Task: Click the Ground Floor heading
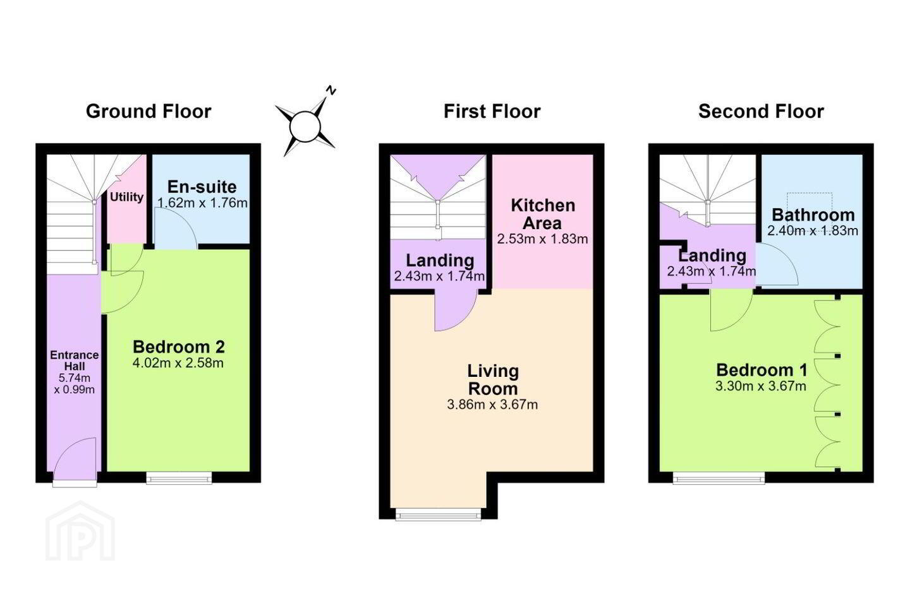click(149, 112)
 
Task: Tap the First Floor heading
click(492, 112)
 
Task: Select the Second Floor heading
click(761, 112)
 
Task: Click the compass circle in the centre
click(305, 127)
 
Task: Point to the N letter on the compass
click(332, 90)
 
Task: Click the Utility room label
click(127, 197)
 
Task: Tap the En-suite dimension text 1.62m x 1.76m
click(202, 203)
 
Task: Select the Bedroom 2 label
click(179, 347)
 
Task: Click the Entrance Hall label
click(75, 360)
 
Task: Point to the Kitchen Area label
click(543, 214)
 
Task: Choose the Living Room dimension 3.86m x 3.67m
click(492, 405)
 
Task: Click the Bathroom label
click(812, 215)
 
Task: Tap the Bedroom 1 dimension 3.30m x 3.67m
click(761, 386)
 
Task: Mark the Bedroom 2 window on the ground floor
click(179, 478)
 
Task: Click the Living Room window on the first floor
click(438, 514)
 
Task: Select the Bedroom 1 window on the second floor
click(719, 478)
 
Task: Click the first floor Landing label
click(440, 260)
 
